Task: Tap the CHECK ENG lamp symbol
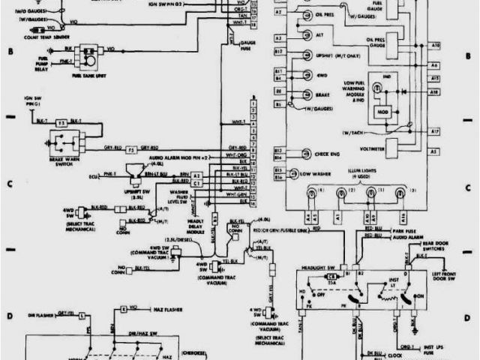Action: pyautogui.click(x=307, y=154)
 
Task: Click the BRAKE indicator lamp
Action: pyautogui.click(x=307, y=94)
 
